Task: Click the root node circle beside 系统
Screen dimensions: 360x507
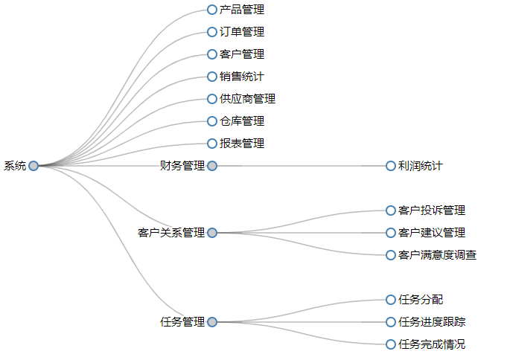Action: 34,166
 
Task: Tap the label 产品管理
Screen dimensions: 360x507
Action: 242,10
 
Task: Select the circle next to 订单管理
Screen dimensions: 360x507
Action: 212,32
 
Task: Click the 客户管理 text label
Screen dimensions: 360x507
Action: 242,54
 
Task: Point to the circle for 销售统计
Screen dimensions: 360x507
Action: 212,77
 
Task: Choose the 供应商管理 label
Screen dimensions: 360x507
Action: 247,99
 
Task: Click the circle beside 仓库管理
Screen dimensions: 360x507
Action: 212,121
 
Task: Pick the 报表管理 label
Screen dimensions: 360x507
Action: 242,144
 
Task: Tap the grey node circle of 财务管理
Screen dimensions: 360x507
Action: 212,166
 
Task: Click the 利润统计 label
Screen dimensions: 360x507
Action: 420,166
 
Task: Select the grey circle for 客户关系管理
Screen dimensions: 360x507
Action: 212,233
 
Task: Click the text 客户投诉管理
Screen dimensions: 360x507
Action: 432,210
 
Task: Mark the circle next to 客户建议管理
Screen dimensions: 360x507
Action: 391,233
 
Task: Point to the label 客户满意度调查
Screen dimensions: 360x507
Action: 437,255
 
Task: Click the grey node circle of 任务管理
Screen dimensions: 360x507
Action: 212,322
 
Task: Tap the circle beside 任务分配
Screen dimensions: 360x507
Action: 391,300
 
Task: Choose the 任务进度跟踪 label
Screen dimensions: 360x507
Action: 432,322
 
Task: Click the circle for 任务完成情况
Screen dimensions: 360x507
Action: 391,344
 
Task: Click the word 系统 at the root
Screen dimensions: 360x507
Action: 15,166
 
